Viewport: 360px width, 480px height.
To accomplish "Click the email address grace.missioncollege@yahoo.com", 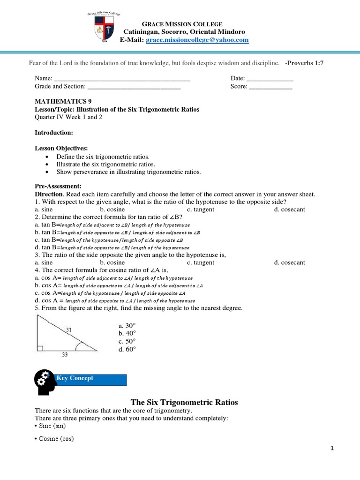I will [197, 40].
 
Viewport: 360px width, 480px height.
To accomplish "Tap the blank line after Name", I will [122, 79].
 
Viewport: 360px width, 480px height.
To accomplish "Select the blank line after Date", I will [270, 79].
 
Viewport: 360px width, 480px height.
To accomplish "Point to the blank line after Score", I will [270, 87].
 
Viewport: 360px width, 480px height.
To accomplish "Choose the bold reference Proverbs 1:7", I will [306, 63].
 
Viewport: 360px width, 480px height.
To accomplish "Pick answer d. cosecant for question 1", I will [290, 210].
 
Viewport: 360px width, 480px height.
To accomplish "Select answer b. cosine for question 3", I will [112, 262].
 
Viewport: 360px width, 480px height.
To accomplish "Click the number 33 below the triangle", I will [65, 355].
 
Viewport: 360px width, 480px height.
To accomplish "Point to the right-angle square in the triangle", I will [39, 348].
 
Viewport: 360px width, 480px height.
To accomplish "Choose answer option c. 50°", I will [127, 341].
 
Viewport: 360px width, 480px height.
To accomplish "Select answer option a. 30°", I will [127, 325].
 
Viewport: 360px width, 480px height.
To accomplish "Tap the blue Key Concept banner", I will [91, 379].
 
